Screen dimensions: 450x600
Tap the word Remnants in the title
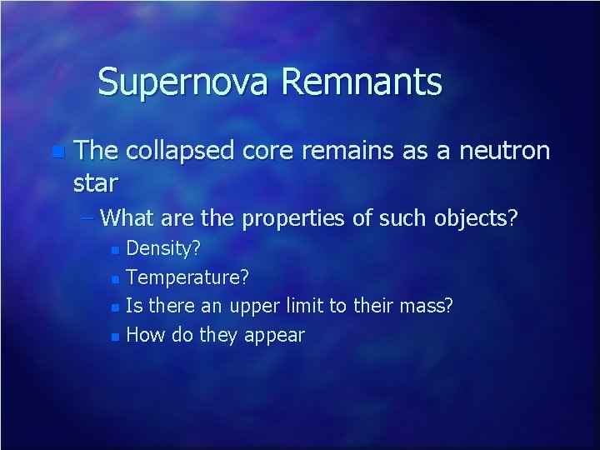pyautogui.click(x=362, y=82)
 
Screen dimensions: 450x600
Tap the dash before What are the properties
pyautogui.click(x=89, y=219)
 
